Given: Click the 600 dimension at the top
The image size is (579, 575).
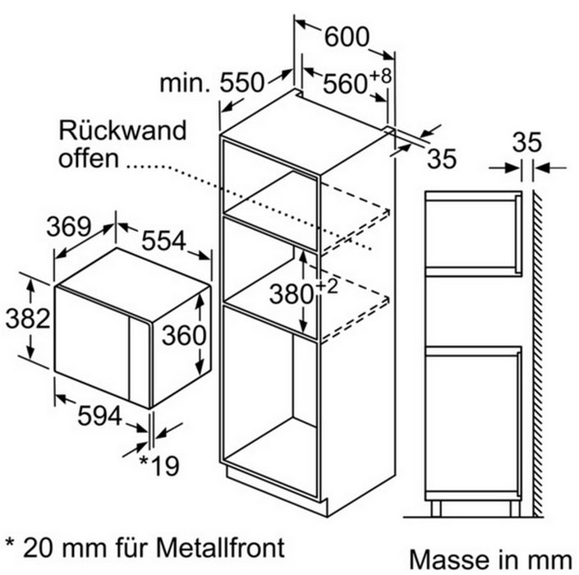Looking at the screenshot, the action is [347, 37].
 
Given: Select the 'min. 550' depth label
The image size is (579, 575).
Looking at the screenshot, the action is [212, 83].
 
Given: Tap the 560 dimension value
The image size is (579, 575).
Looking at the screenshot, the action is [345, 84].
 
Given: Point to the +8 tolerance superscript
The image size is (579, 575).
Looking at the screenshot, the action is [380, 76].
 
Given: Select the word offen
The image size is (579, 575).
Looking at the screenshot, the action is [89, 158].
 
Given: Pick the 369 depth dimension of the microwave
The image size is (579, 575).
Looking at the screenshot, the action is [69, 227].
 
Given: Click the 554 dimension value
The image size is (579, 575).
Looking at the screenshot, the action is [163, 241].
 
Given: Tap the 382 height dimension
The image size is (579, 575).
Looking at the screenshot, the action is [28, 319].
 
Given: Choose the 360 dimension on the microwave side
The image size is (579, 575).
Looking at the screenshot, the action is [184, 335].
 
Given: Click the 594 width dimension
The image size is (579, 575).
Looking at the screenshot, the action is [99, 416].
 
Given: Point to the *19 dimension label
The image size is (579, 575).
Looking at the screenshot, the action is [159, 465].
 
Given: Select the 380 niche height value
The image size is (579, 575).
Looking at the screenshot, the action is [292, 294].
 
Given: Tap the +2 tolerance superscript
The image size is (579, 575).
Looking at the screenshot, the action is [327, 287].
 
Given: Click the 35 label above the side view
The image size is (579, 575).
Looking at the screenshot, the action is [527, 142].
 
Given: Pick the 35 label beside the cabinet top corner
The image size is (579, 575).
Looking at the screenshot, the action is [442, 159].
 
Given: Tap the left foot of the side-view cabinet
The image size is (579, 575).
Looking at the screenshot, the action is [436, 509].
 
